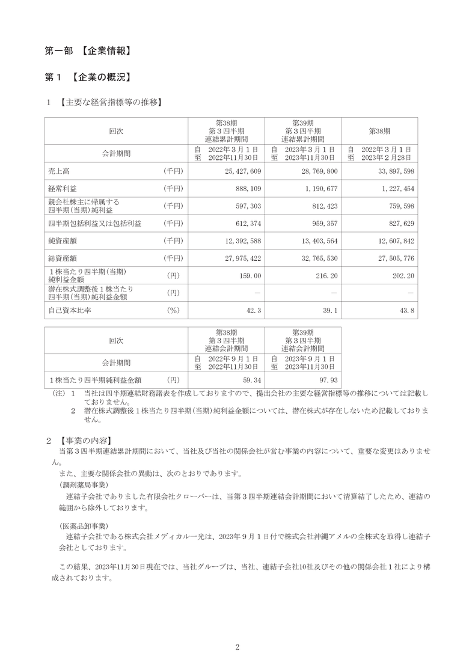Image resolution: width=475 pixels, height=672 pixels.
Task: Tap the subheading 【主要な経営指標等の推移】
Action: (111, 103)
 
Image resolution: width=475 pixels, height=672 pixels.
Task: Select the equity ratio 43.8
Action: (407, 311)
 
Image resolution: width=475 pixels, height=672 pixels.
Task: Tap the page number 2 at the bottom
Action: (237, 647)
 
